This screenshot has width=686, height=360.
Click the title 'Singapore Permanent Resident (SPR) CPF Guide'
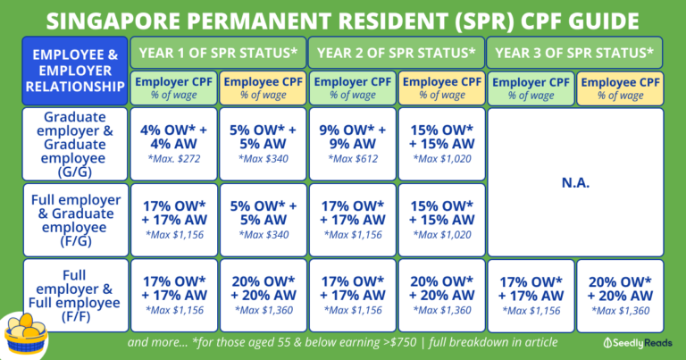(x=343, y=19)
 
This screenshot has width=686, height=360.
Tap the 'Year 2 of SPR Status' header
(x=396, y=53)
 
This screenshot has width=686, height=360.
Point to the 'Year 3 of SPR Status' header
(x=574, y=53)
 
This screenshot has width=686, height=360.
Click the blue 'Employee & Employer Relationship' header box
(x=75, y=71)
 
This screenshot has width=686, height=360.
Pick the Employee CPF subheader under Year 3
(x=619, y=88)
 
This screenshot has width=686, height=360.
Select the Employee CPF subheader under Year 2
(x=440, y=88)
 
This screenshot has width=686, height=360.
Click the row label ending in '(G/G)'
(x=75, y=143)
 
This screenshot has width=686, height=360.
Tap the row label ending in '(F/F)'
(x=75, y=295)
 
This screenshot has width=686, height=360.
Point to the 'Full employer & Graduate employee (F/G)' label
(x=75, y=219)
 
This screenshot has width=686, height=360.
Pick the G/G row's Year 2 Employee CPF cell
(x=440, y=143)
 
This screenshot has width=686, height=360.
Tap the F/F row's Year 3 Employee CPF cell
(x=619, y=295)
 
